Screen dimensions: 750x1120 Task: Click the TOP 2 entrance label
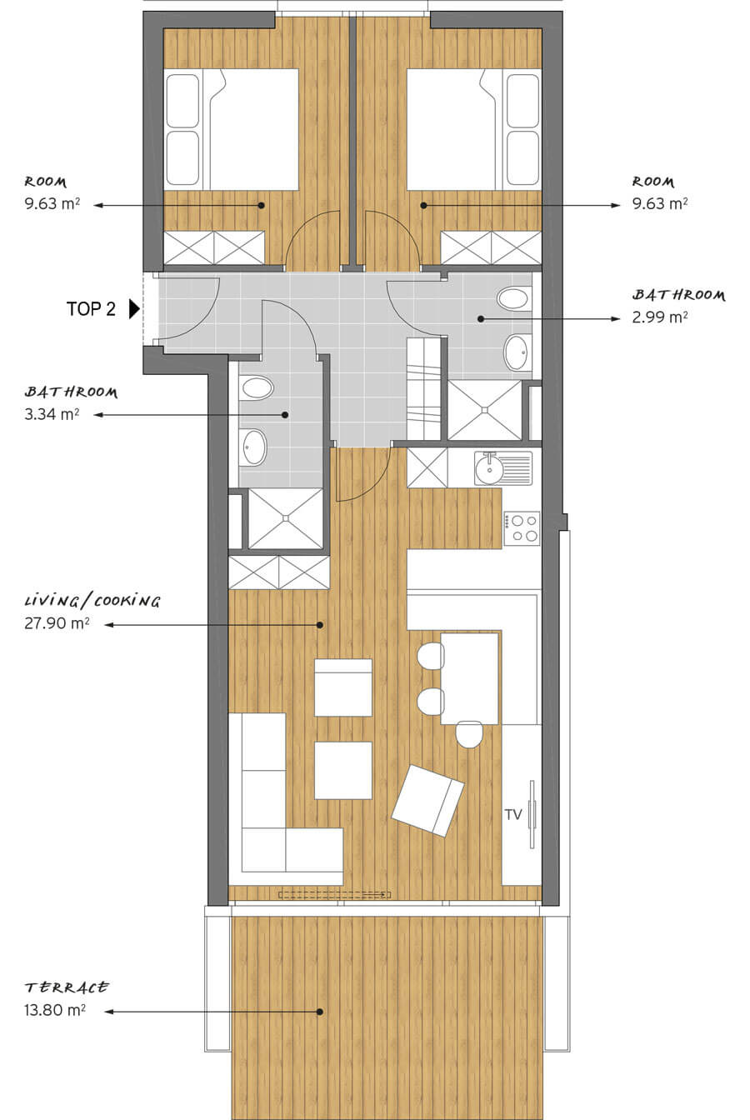click(x=91, y=309)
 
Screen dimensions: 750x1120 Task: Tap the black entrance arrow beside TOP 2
click(x=134, y=309)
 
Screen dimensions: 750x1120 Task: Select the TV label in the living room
click(x=513, y=814)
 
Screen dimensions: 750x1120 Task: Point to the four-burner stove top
click(x=522, y=528)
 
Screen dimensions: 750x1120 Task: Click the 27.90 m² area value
click(x=57, y=623)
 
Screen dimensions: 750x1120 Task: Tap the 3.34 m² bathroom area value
click(x=52, y=414)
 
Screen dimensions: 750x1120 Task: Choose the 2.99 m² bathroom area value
click(x=659, y=317)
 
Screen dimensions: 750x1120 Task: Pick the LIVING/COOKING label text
click(x=92, y=601)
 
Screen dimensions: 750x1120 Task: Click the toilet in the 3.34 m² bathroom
click(x=257, y=388)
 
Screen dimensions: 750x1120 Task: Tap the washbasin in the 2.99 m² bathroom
click(x=517, y=352)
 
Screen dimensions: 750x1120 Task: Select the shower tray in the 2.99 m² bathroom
click(x=484, y=410)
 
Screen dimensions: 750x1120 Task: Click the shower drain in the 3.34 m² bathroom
click(x=286, y=518)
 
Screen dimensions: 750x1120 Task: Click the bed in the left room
click(x=232, y=129)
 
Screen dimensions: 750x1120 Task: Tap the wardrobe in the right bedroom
click(x=491, y=247)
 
